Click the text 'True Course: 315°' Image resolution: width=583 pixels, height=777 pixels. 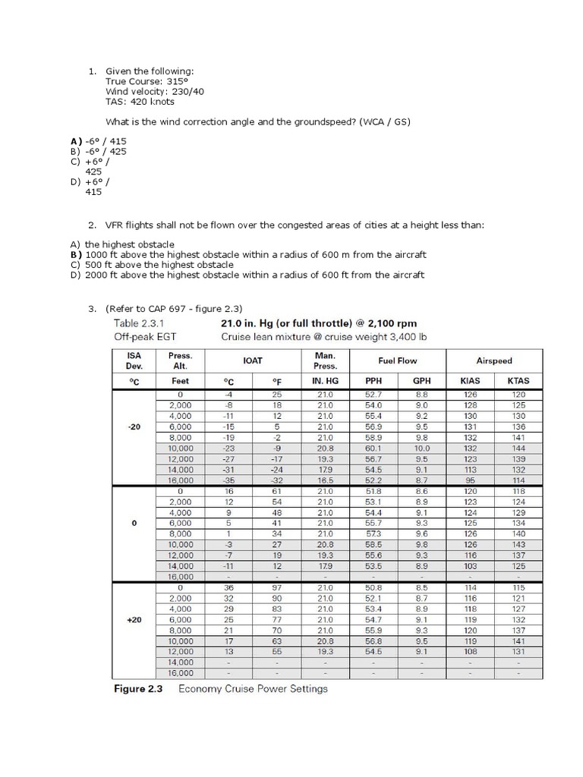click(x=144, y=81)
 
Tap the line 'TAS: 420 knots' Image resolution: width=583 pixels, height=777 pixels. click(x=140, y=101)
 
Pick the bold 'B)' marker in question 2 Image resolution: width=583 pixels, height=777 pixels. click(x=75, y=255)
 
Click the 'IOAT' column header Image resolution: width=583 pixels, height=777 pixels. click(x=253, y=361)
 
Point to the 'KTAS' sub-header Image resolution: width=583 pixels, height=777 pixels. click(x=518, y=381)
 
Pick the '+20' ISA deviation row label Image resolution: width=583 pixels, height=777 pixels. click(x=134, y=620)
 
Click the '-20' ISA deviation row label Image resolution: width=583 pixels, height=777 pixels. click(x=134, y=427)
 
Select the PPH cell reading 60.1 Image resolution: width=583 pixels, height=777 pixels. click(x=373, y=448)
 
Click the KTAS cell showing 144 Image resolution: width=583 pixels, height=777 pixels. click(x=518, y=448)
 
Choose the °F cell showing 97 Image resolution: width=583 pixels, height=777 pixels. click(x=277, y=588)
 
